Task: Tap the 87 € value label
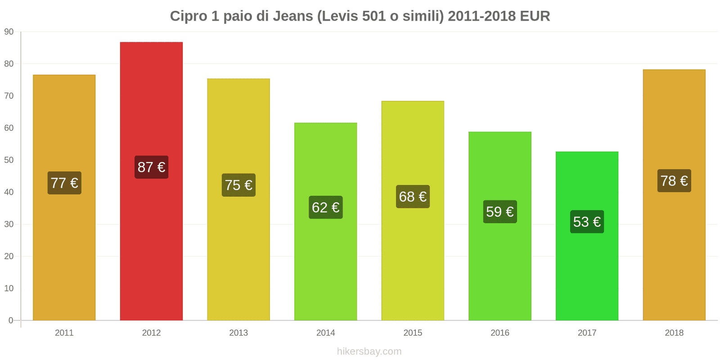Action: (151, 167)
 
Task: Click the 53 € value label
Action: (587, 222)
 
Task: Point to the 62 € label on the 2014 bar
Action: (325, 207)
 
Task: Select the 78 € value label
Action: (674, 181)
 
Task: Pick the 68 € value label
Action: (413, 197)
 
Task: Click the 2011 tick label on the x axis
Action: (64, 333)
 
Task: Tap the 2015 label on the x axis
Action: (413, 333)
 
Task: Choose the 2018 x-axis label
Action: (674, 333)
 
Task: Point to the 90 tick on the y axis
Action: (9, 32)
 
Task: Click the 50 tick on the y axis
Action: (9, 160)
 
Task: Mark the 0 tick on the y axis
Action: (11, 320)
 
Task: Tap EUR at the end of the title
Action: (535, 16)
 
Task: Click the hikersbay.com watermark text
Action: (369, 351)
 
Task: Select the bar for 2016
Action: (499, 270)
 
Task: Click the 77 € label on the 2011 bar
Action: (64, 183)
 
